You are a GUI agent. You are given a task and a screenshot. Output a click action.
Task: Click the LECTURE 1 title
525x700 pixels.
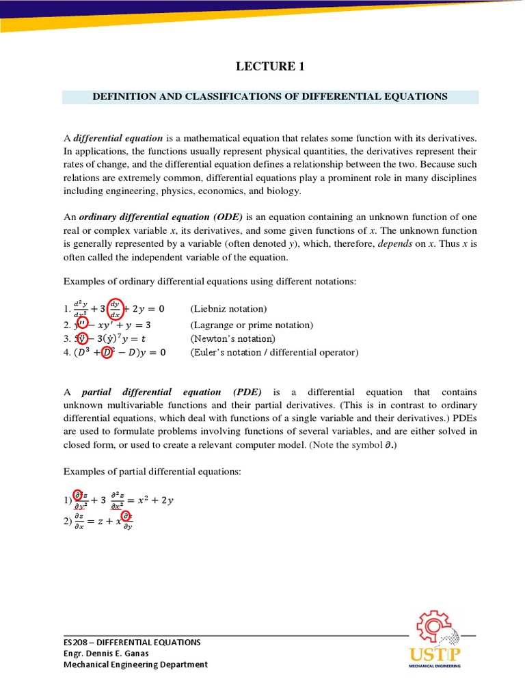tap(270, 66)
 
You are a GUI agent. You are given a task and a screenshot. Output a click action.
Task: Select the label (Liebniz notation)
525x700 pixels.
tap(228, 309)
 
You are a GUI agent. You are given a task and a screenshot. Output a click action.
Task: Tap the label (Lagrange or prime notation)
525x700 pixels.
tap(251, 325)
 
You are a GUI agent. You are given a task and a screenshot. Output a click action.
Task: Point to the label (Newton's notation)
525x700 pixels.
tap(232, 338)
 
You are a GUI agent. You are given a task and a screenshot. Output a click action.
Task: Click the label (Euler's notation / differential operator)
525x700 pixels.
tap(273, 352)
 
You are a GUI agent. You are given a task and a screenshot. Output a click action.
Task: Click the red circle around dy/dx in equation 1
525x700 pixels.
tap(120, 308)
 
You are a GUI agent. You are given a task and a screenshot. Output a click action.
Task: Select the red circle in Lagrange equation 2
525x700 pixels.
tap(81, 324)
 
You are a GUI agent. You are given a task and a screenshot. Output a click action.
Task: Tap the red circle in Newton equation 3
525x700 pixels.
tap(82, 338)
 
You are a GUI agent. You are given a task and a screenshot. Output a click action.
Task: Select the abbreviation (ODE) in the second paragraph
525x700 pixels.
tap(228, 217)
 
